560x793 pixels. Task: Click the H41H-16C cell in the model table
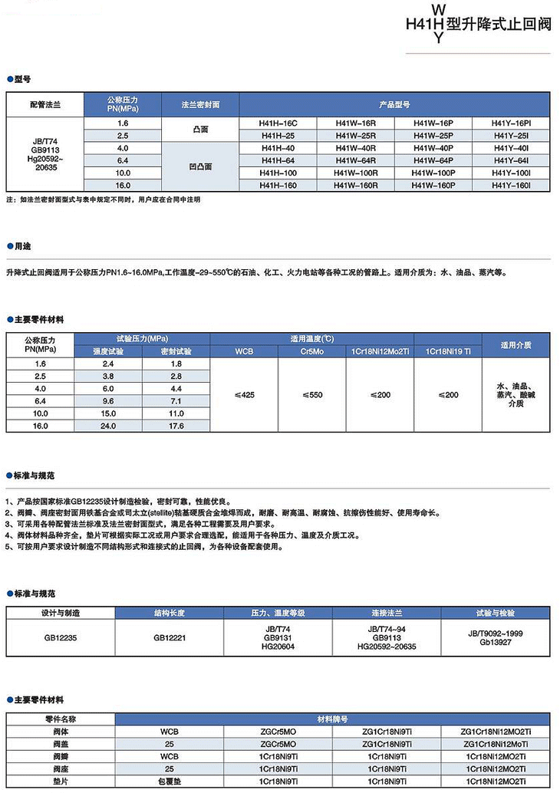[278, 123]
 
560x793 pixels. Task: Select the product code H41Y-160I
[510, 185]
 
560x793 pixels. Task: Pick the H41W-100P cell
[433, 173]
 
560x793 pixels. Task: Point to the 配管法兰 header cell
[44, 104]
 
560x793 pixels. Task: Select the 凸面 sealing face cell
[200, 129]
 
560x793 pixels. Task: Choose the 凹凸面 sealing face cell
[200, 166]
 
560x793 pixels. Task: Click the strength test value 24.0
[108, 426]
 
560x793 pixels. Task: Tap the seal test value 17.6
[176, 426]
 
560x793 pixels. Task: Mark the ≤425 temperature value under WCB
[244, 394]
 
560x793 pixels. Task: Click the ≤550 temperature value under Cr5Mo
[312, 394]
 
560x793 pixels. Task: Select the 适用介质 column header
[516, 344]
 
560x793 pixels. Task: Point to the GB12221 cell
[170, 637]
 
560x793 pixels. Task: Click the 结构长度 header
[170, 613]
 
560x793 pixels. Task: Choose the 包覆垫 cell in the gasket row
[169, 781]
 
